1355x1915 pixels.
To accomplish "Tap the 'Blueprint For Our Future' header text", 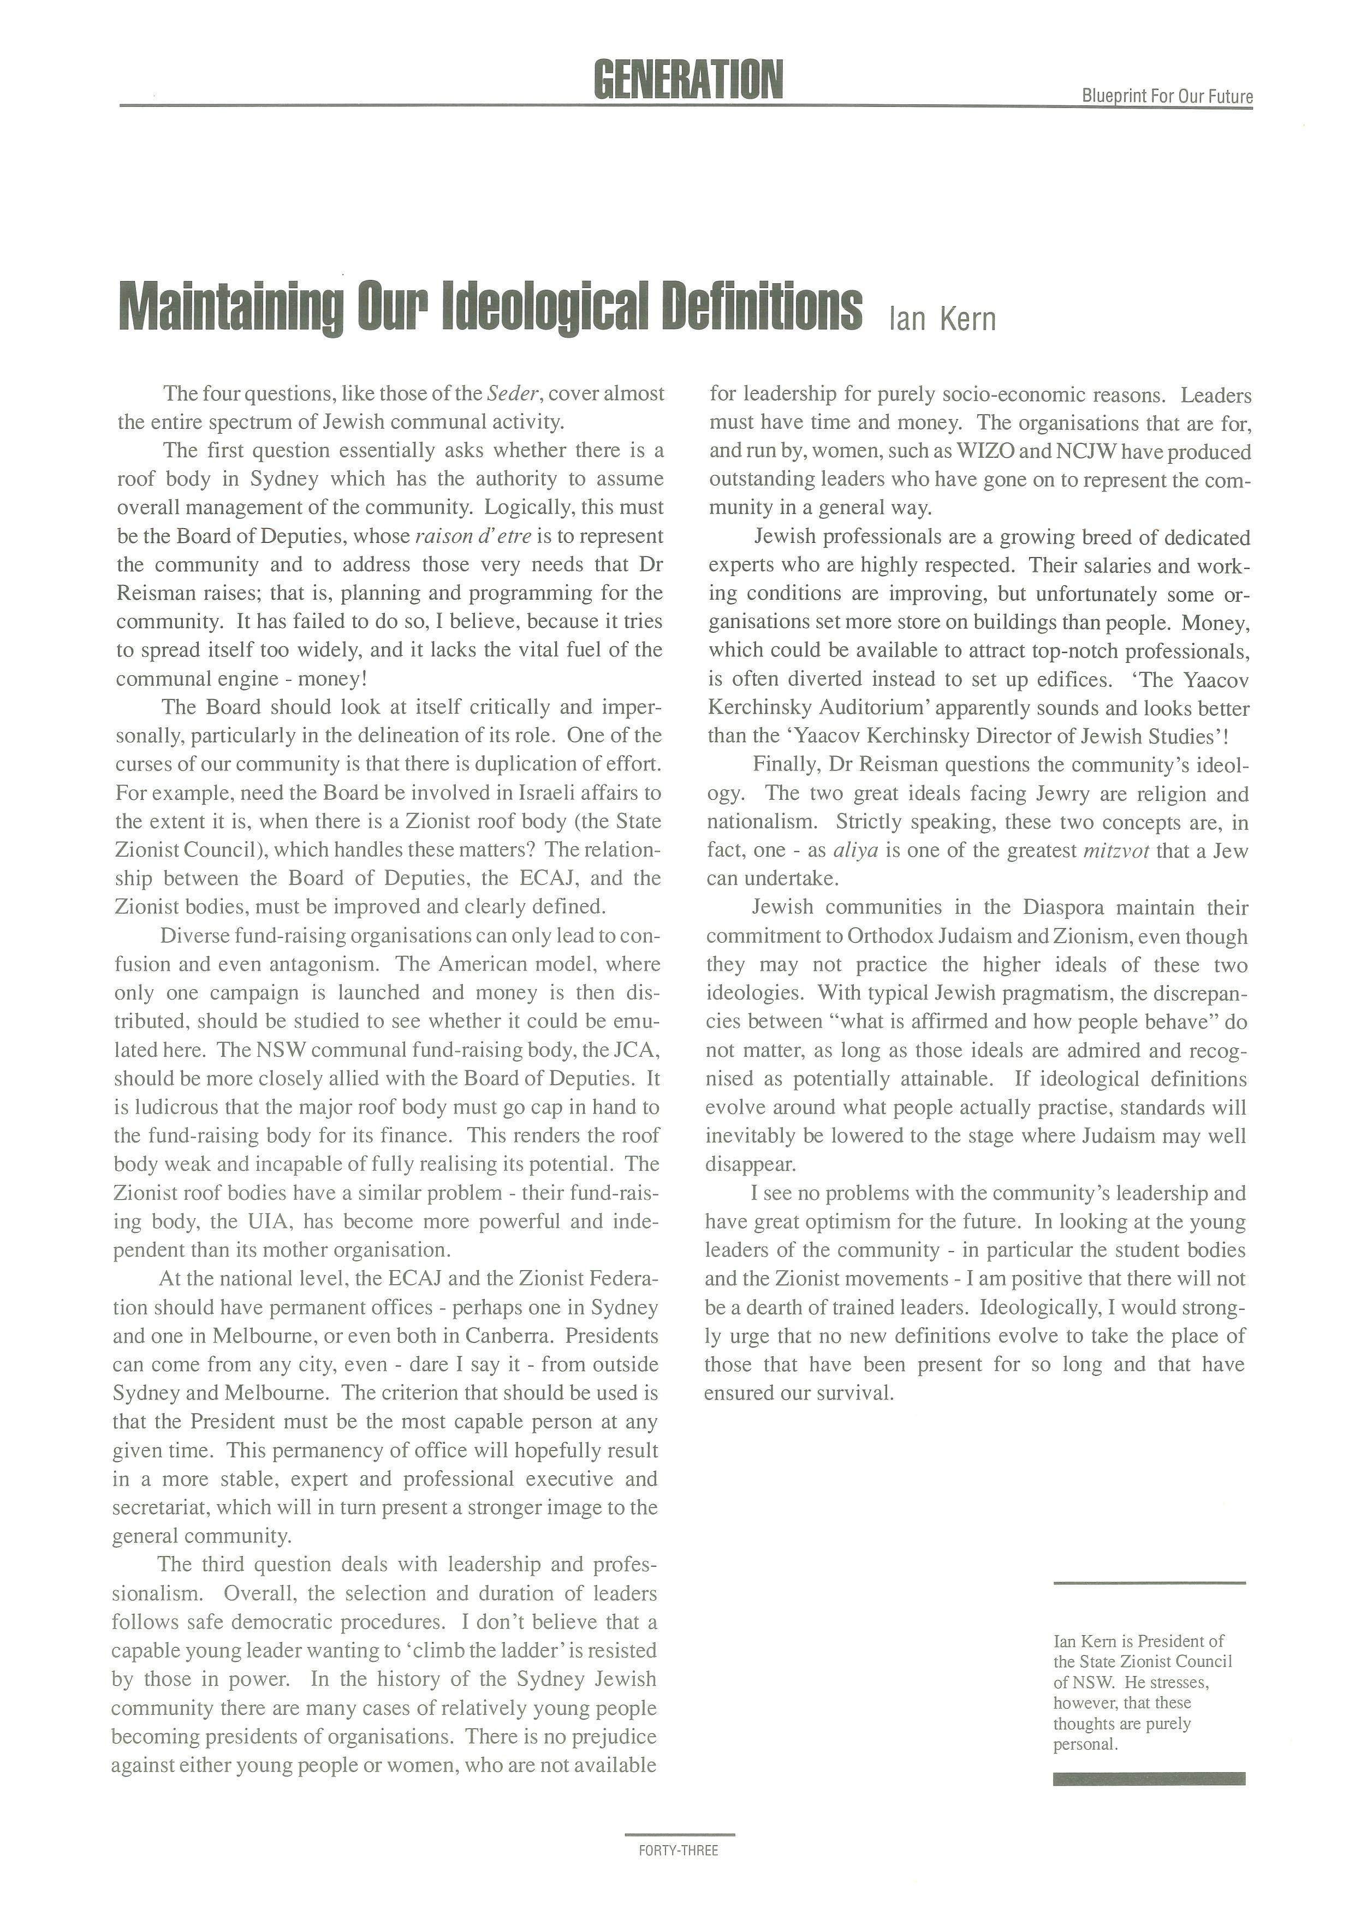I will [x=1167, y=97].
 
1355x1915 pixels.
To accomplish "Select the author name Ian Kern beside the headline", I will [x=942, y=319].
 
